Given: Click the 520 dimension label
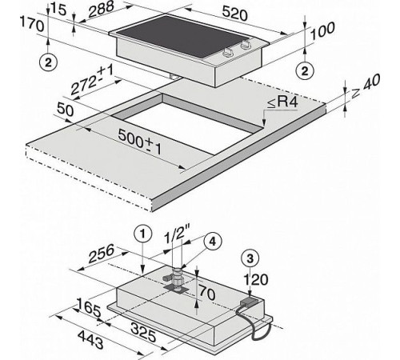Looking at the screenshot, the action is click(x=234, y=14).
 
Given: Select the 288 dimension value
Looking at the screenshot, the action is click(x=101, y=9).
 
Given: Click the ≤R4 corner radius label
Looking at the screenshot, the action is click(x=282, y=102).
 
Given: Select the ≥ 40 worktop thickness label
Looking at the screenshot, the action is click(x=366, y=86).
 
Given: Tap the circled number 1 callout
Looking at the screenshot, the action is click(x=143, y=234).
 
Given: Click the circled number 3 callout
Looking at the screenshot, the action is click(x=250, y=258).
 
